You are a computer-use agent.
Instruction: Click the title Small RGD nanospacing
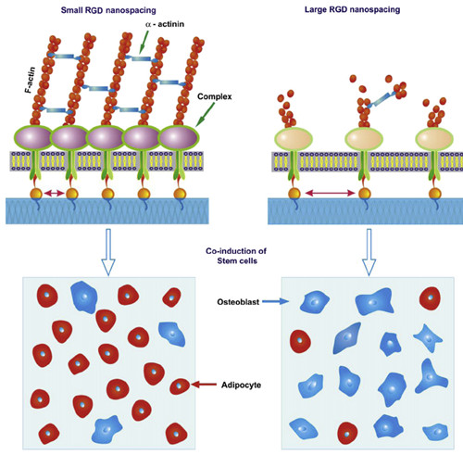point(108,10)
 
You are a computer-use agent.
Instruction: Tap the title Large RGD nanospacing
point(352,9)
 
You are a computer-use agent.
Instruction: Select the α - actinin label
point(165,24)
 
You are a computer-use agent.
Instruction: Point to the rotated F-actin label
point(31,80)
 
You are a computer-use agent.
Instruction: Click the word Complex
point(215,96)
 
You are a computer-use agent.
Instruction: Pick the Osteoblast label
point(238,302)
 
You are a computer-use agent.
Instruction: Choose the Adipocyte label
point(241,385)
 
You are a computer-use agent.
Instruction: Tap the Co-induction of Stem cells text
point(236,256)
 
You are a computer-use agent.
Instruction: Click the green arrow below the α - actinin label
point(144,43)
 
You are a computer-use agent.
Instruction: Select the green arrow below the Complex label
point(205,114)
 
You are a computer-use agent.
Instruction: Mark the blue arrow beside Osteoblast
point(275,301)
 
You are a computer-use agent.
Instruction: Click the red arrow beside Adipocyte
point(204,385)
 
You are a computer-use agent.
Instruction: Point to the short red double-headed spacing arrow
point(55,194)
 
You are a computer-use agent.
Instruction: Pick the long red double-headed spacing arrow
point(330,194)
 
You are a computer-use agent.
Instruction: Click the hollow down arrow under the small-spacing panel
point(108,252)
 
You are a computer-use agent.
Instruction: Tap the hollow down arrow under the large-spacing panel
point(369,252)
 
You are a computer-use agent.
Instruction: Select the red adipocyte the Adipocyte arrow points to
point(180,386)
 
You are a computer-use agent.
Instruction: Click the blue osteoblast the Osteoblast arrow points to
point(315,301)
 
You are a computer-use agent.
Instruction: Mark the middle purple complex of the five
point(106,138)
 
